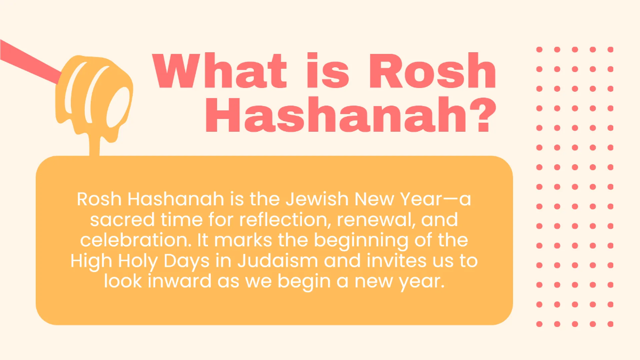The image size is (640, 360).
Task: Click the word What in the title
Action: tap(219, 70)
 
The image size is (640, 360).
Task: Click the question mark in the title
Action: tap(483, 115)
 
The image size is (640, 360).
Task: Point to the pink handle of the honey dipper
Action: tap(30, 62)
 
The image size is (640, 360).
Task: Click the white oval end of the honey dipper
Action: tap(118, 107)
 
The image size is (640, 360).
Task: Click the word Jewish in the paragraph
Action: tap(317, 199)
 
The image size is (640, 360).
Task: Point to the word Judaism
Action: tap(278, 261)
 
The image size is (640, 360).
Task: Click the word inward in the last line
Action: tap(179, 281)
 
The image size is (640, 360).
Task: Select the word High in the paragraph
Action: tap(91, 261)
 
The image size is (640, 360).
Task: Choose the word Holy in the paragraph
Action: tap(138, 261)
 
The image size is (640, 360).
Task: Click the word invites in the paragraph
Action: tap(396, 261)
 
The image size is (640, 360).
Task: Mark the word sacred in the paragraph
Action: tap(122, 219)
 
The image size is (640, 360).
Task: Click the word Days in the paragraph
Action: tap(187, 261)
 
